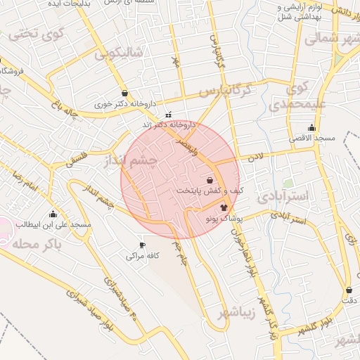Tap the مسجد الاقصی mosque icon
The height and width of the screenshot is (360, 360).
tap(311, 127)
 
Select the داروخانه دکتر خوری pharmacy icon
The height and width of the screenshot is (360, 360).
tap(124, 93)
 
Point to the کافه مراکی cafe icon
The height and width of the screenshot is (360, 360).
tap(143, 245)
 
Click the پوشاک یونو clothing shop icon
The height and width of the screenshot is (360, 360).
tap(224, 207)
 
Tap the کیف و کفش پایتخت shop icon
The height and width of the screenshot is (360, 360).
tap(210, 180)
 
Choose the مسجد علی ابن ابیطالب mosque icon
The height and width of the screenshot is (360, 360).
tap(53, 214)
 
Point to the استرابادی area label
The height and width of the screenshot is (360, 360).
tap(283, 196)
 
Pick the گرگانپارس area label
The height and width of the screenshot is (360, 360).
tap(224, 91)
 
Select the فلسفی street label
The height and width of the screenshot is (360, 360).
tap(79, 157)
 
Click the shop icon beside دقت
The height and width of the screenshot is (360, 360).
tap(349, 290)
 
